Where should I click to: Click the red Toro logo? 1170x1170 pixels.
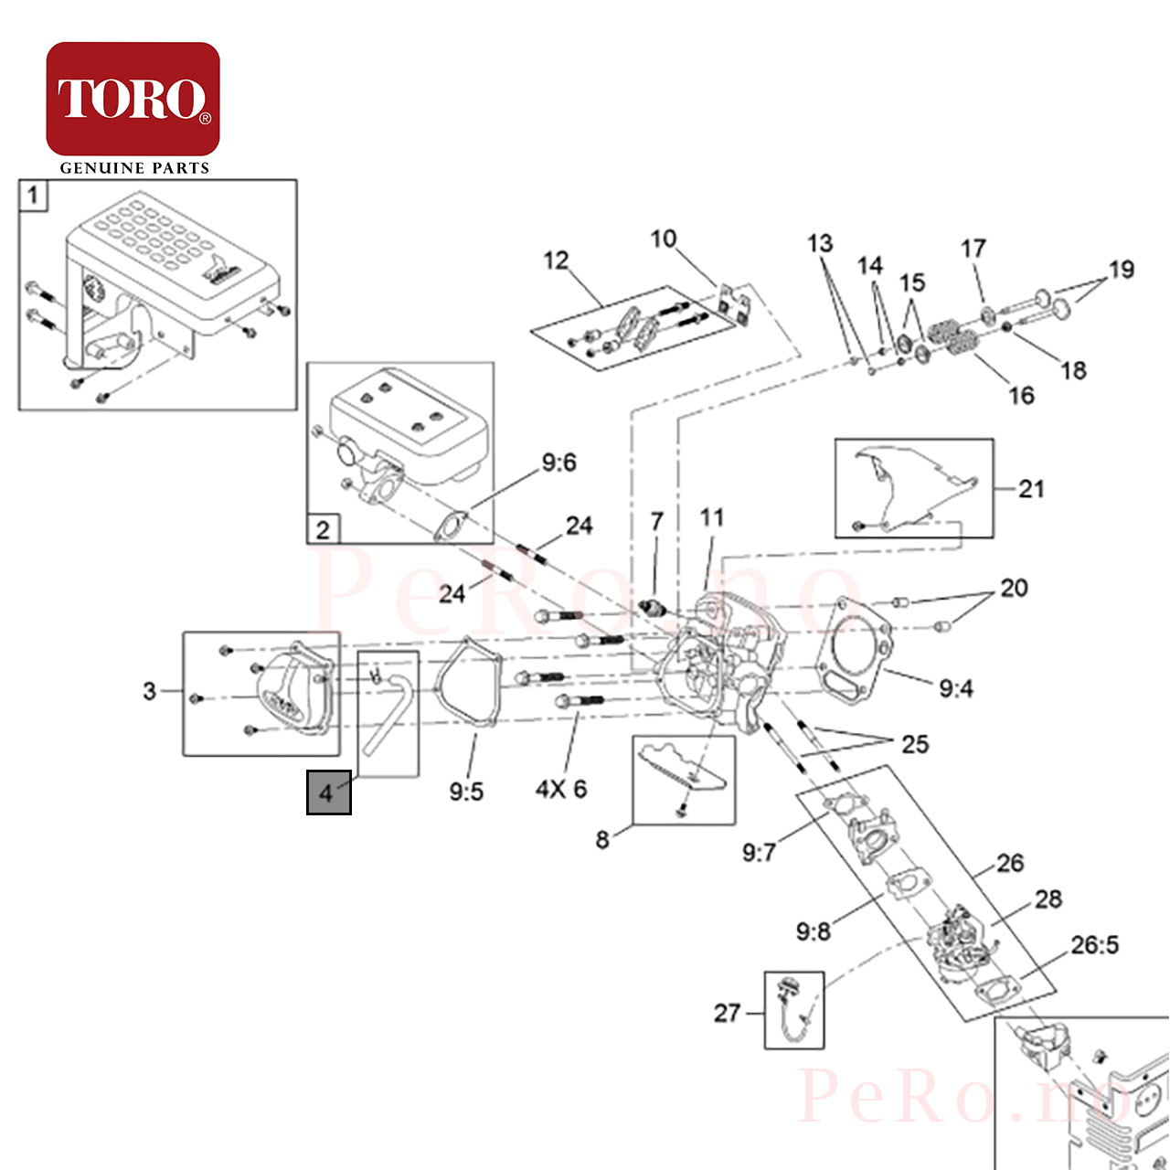[x=133, y=99]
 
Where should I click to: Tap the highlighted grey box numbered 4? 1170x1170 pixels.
[x=328, y=792]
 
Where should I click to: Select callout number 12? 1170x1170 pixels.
[x=556, y=261]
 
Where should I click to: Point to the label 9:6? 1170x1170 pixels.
[x=558, y=463]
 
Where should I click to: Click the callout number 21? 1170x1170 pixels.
[x=1031, y=489]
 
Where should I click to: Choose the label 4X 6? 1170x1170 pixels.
[x=561, y=789]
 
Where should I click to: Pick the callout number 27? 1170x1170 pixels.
[x=727, y=1013]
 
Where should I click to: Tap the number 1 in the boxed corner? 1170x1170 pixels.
[x=33, y=195]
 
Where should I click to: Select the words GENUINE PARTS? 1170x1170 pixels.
[x=134, y=168]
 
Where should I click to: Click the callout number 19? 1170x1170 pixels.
[x=1121, y=269]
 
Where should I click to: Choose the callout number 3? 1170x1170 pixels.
[x=149, y=691]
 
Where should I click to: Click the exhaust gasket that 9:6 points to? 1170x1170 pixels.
[x=450, y=526]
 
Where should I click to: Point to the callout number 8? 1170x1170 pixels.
[x=601, y=840]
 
